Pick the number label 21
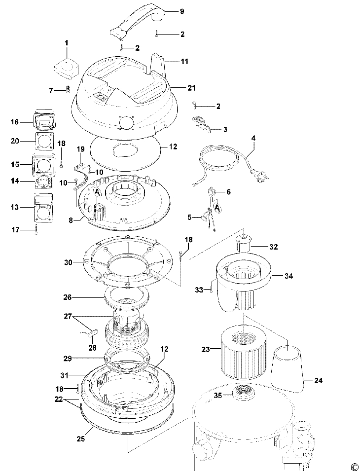[191, 88]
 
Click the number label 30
[69, 262]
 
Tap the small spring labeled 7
[69, 90]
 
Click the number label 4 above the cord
[253, 138]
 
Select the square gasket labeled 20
[44, 142]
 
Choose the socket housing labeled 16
[44, 120]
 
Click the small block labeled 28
[91, 333]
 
